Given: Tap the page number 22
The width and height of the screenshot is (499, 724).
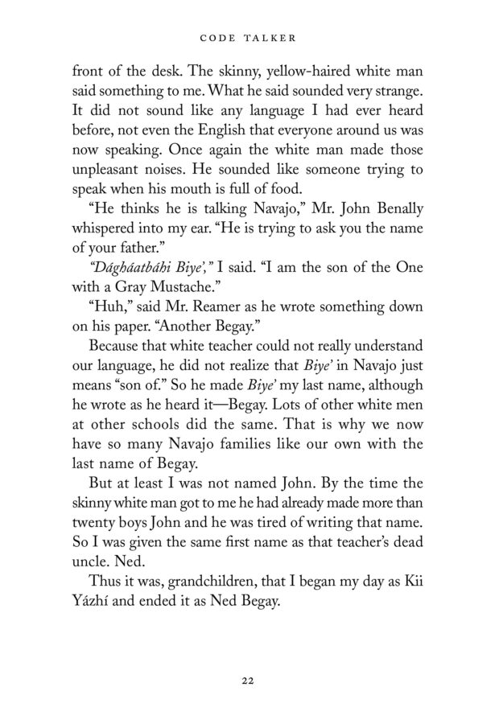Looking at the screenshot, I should [x=249, y=681].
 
